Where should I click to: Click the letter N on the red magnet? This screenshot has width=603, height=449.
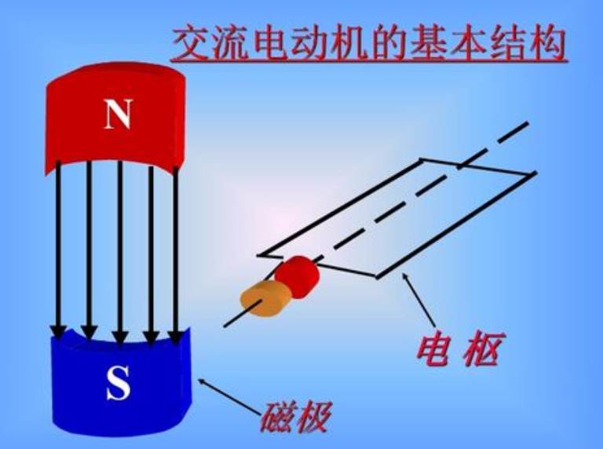point(118,115)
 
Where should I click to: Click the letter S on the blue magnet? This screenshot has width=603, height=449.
point(118,384)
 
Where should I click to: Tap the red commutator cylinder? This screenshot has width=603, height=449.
point(297,274)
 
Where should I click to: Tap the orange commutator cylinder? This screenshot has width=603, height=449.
point(266,298)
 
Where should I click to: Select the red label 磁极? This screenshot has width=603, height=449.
point(295,415)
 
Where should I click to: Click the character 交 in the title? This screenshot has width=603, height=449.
point(191,44)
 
